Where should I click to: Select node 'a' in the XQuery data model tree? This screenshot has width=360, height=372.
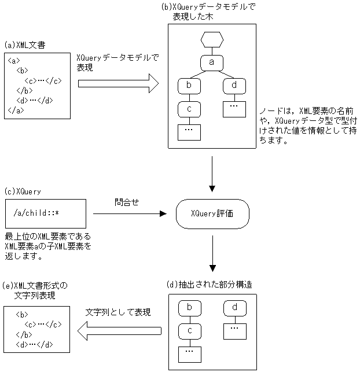pyautogui.click(x=211, y=61)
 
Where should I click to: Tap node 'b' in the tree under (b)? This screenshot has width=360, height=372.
pyautogui.click(x=189, y=86)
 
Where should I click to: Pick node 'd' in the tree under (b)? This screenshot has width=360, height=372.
pyautogui.click(x=234, y=86)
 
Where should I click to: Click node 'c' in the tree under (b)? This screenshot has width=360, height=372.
pyautogui.click(x=189, y=108)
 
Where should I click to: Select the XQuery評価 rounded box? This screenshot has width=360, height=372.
pyautogui.click(x=212, y=213)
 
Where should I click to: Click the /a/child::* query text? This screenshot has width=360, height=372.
pyautogui.click(x=36, y=213)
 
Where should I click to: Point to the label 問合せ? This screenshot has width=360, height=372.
pyautogui.click(x=126, y=202)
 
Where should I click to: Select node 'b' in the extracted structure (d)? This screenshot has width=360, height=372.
pyautogui.click(x=189, y=307)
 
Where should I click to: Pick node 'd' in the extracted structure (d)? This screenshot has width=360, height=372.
pyautogui.click(x=234, y=307)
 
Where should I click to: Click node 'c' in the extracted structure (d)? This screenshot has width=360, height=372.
pyautogui.click(x=189, y=330)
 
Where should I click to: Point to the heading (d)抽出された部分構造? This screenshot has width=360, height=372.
pyautogui.click(x=209, y=285)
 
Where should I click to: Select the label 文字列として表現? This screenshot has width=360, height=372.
pyautogui.click(x=119, y=312)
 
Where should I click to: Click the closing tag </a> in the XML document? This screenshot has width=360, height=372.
pyautogui.click(x=16, y=109)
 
